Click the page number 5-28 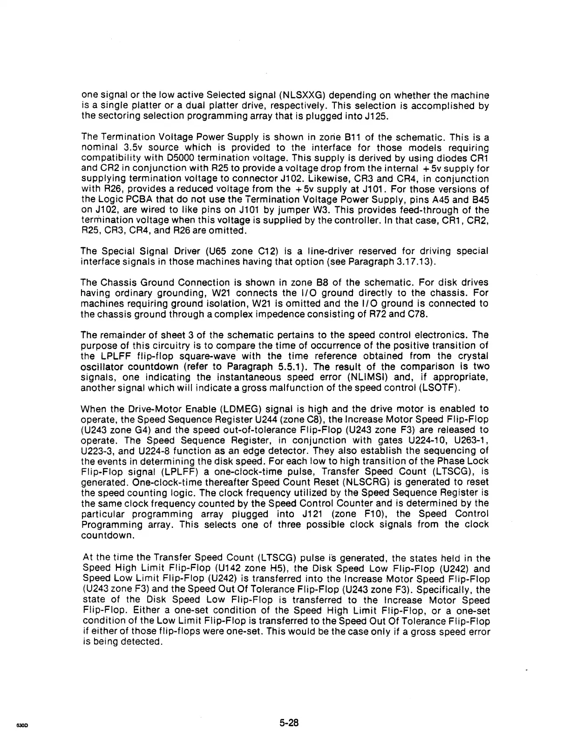point(289,723)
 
